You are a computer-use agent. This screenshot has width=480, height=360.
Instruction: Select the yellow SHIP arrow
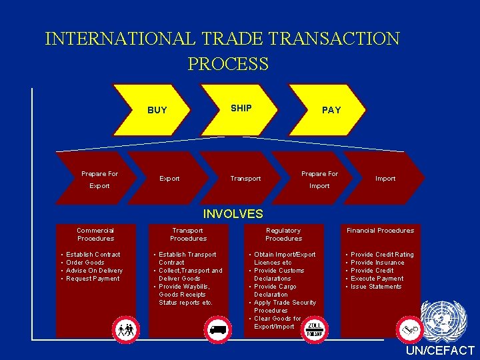tap(241, 108)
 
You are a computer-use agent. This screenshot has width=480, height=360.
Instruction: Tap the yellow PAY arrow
tap(331, 110)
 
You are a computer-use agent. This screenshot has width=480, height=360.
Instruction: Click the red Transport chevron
tap(245, 179)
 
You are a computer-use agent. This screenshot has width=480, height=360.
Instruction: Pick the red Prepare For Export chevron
tap(99, 179)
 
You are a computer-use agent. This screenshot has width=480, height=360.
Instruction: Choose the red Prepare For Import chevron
tap(319, 179)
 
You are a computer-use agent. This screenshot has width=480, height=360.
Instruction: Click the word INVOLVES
tap(233, 214)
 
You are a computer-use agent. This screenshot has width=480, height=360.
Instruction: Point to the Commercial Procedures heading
tap(95, 234)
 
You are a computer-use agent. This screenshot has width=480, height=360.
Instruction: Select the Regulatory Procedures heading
tap(283, 234)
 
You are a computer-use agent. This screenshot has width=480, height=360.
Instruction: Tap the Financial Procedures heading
tap(380, 231)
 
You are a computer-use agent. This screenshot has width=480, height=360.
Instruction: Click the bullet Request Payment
tap(93, 279)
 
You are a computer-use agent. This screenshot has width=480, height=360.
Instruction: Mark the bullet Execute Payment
tap(377, 279)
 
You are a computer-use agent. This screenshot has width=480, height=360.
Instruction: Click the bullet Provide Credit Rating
tap(382, 255)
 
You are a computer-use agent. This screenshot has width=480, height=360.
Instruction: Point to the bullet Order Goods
tap(85, 263)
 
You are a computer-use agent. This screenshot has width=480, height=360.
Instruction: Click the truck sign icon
tap(218, 329)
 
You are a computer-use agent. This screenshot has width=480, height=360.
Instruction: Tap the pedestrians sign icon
tap(125, 329)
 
